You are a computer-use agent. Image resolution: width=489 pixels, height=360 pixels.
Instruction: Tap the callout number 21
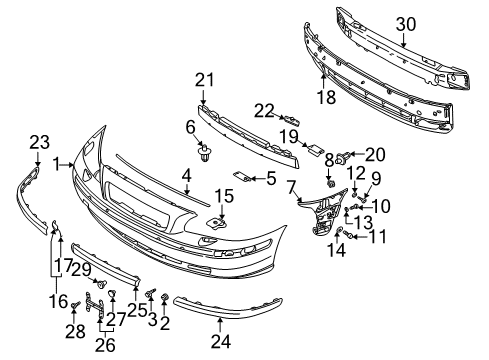click(205, 80)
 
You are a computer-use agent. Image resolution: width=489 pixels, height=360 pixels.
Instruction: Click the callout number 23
click(38, 142)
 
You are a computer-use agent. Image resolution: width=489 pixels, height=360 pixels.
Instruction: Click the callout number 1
click(58, 162)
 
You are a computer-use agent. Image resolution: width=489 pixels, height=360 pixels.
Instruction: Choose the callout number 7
click(291, 186)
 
